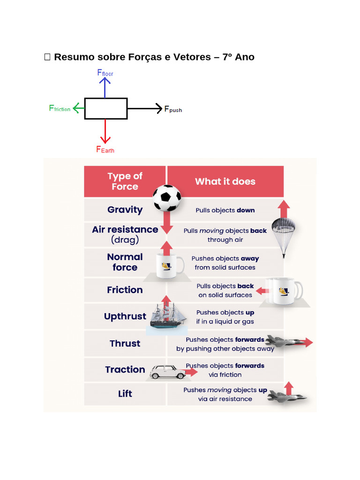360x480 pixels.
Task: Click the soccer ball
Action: [x=167, y=198]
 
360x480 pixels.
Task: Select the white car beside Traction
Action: [x=168, y=372]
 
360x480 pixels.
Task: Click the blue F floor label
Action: [x=105, y=73]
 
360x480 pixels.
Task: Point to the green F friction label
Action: [x=60, y=108]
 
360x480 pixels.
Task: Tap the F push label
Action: [x=173, y=109]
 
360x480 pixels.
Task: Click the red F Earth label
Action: [x=105, y=150]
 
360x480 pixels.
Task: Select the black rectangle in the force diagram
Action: [x=106, y=108]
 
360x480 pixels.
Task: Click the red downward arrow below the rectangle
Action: [x=105, y=131]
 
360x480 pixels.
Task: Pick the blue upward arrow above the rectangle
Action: [x=105, y=88]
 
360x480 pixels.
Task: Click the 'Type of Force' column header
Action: [x=125, y=181]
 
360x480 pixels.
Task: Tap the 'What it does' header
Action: [x=225, y=181]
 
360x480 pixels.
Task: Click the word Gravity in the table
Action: [x=125, y=210]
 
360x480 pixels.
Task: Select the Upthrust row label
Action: [x=125, y=316]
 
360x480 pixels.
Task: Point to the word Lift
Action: [x=125, y=394]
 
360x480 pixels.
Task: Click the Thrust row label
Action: [x=125, y=344]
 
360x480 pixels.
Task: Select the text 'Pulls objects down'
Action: [x=225, y=210]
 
